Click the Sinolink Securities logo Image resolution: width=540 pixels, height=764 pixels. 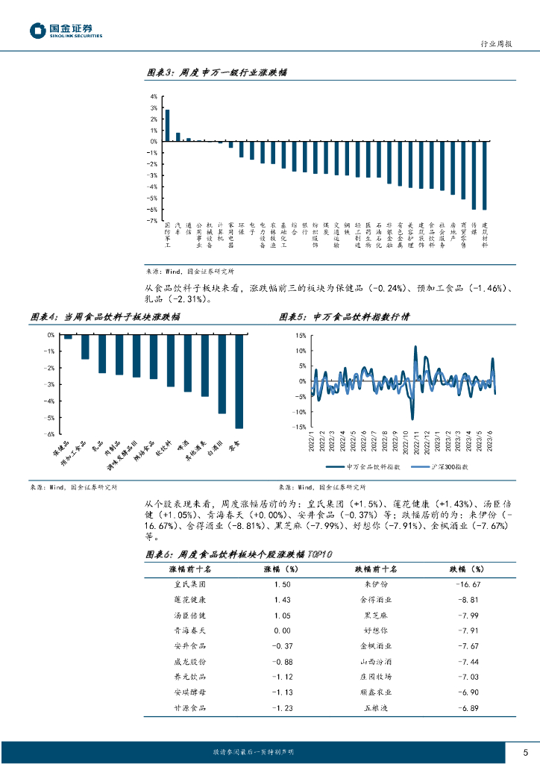coord(66,30)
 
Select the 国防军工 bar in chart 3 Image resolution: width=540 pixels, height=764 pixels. coord(167,125)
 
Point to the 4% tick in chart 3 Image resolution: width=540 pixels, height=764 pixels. coord(153,96)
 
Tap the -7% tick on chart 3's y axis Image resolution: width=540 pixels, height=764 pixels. coord(152,221)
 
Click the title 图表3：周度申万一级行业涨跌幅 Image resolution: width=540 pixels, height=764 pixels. coord(216,73)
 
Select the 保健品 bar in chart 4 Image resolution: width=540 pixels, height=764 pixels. coord(68,337)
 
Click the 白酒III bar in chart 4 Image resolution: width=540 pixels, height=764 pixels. coord(222,374)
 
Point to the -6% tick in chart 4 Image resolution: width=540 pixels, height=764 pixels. coord(50,433)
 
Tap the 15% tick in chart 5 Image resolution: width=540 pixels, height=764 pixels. coord(301,335)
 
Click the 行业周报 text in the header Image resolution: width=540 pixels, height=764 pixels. coord(498,45)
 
